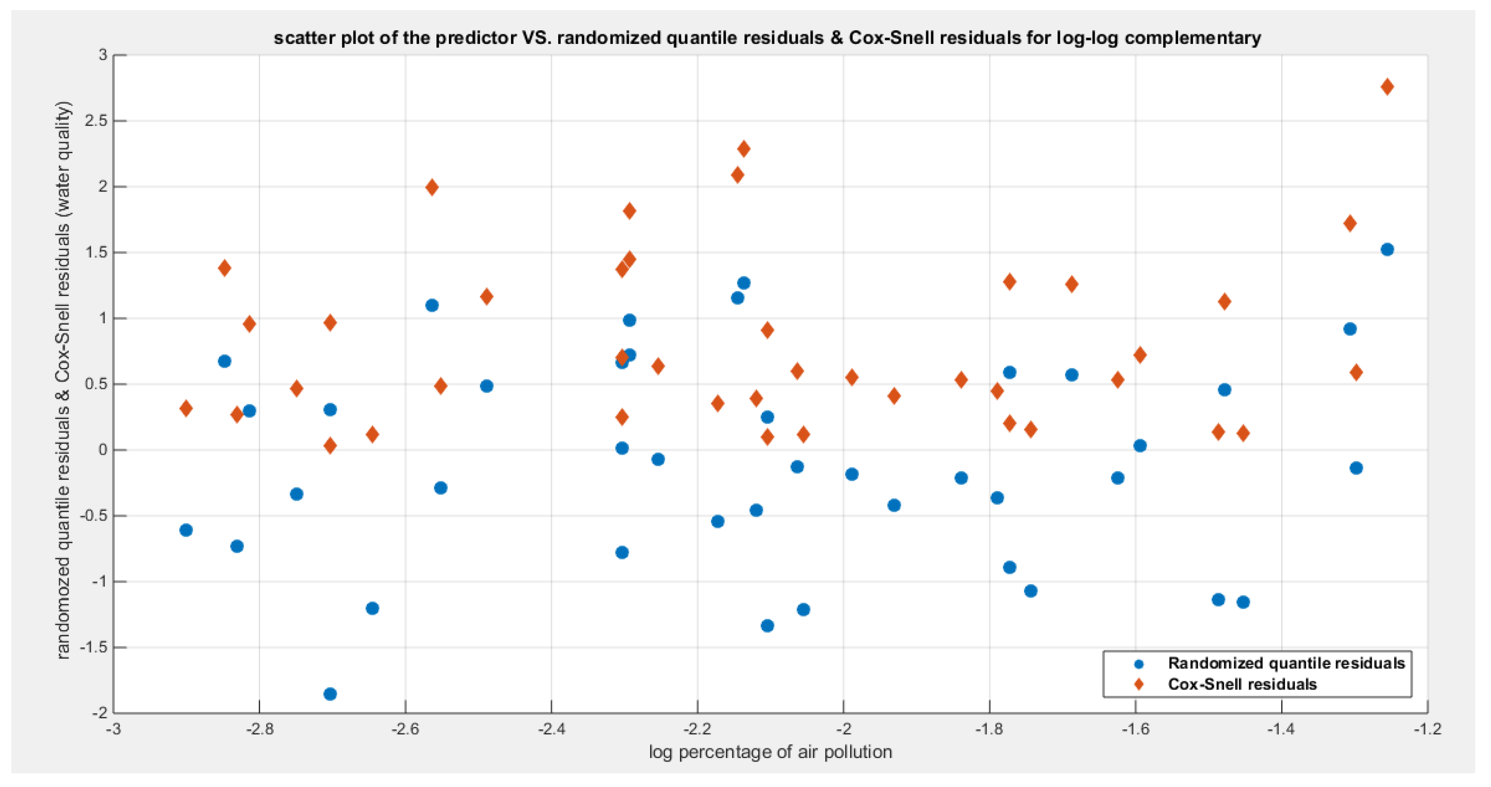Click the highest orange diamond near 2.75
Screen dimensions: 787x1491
[x=1387, y=87]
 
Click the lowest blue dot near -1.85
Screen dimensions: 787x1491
[x=330, y=694]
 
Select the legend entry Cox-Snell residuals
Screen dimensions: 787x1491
[x=1242, y=685]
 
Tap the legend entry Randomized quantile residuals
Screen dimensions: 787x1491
[x=1286, y=663]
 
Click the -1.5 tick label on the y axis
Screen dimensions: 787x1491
[x=94, y=648]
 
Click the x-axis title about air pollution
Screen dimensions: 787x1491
[x=770, y=752]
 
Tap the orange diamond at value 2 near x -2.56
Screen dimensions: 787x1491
[x=432, y=187]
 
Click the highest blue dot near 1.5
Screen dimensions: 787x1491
[x=1387, y=250]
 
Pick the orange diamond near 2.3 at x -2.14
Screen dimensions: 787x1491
[x=744, y=149]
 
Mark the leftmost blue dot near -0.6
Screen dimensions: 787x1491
[x=186, y=530]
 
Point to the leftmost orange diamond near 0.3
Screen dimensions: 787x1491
[x=186, y=408]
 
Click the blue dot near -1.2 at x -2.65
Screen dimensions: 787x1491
[x=372, y=608]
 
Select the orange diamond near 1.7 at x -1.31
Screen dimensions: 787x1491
[x=1350, y=223]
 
